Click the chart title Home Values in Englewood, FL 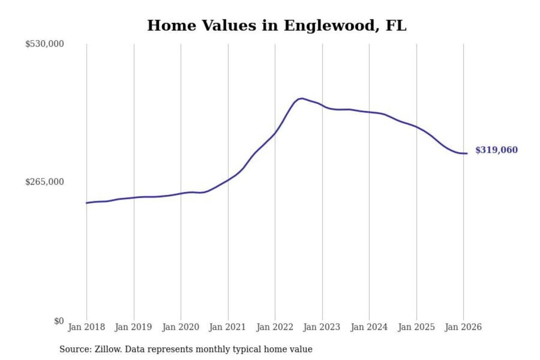[x=276, y=25]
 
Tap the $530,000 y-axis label [x=45, y=44]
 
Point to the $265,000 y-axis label [x=45, y=182]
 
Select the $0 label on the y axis [x=59, y=321]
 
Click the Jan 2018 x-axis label [x=86, y=327]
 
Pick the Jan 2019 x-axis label [x=133, y=327]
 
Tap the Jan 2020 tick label [x=180, y=327]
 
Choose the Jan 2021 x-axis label [x=227, y=327]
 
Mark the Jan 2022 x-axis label [x=274, y=327]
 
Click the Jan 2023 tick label [x=321, y=327]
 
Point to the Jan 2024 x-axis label [x=369, y=327]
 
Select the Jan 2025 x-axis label [x=416, y=327]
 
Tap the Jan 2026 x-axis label [x=463, y=327]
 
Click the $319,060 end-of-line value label [x=496, y=150]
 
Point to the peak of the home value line [x=302, y=98]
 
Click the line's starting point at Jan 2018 [x=87, y=203]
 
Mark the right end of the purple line [x=467, y=153]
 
